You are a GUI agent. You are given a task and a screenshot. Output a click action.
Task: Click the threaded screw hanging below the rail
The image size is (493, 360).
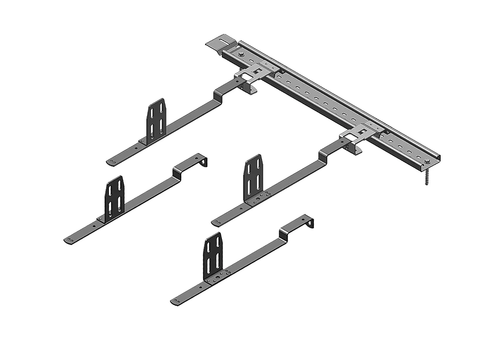(x=427, y=178)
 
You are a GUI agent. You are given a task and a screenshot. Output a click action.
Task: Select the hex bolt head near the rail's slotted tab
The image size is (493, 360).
(x=241, y=54)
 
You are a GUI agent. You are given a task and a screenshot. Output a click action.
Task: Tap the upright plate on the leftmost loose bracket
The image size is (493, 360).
(x=114, y=197)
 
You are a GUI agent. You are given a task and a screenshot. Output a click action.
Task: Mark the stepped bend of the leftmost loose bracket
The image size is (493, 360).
(x=178, y=173)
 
